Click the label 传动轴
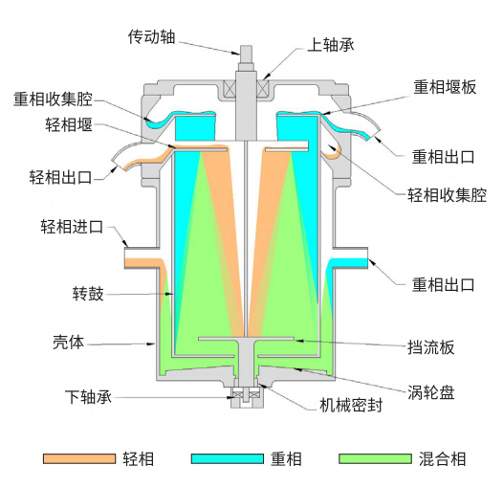[x=151, y=36]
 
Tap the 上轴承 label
[x=331, y=45]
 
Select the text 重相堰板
[x=445, y=87]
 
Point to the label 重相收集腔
[x=53, y=100]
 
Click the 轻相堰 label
[x=69, y=124]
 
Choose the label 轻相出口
[x=61, y=177]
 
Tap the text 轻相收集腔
[x=448, y=195]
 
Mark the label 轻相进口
[x=72, y=227]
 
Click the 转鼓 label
[x=88, y=294]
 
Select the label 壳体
[x=69, y=342]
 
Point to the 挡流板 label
[x=431, y=347]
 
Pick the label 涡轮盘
[x=431, y=392]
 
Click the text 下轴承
[x=88, y=397]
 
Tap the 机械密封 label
[x=351, y=405]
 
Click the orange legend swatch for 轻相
[x=79, y=458]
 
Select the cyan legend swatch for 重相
[x=228, y=458]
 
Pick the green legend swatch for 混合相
[x=375, y=458]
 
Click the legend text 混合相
[x=442, y=459]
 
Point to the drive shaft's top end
[x=246, y=46]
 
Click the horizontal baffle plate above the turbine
[x=246, y=339]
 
